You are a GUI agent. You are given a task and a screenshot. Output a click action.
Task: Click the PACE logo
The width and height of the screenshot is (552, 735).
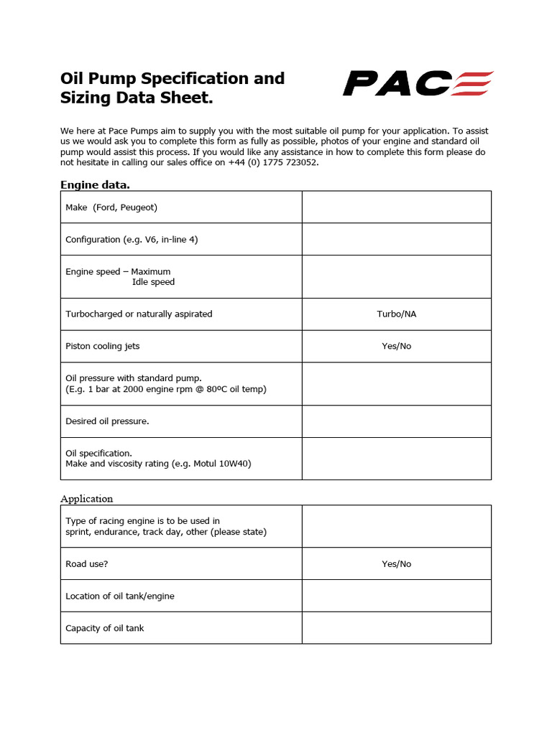tap(418, 83)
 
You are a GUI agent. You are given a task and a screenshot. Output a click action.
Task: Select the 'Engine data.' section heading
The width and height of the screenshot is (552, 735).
tap(95, 184)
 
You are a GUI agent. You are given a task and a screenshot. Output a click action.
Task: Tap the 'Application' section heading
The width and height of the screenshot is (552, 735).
tap(86, 498)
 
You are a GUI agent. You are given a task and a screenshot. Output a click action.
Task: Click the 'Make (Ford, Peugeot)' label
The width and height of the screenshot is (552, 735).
tap(111, 207)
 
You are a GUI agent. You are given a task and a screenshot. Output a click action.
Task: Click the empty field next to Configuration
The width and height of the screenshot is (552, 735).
tap(396, 239)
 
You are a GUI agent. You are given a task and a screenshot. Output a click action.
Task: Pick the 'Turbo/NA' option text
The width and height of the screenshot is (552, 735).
tap(396, 314)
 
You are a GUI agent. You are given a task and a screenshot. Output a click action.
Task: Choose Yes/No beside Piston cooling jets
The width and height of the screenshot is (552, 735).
tap(396, 346)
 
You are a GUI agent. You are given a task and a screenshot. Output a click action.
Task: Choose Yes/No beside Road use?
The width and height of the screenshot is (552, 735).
tap(396, 564)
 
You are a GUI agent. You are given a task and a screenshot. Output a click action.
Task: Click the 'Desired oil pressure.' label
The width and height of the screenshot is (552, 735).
tap(107, 421)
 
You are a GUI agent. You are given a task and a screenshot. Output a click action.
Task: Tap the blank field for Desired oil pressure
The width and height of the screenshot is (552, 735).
tap(396, 421)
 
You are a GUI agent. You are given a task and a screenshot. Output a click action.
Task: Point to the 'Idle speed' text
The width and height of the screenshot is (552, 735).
tap(153, 282)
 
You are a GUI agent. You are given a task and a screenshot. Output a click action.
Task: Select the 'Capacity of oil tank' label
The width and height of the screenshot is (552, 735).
tap(105, 628)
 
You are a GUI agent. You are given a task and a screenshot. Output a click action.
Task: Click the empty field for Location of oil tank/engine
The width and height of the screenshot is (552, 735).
tap(396, 596)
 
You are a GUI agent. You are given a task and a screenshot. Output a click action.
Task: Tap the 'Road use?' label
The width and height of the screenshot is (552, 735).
tap(87, 564)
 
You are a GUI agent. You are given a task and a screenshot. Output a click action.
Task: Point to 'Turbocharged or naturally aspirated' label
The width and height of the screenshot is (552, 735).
tap(139, 314)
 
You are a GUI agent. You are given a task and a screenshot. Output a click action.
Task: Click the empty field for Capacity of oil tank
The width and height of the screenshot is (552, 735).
tap(396, 628)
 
